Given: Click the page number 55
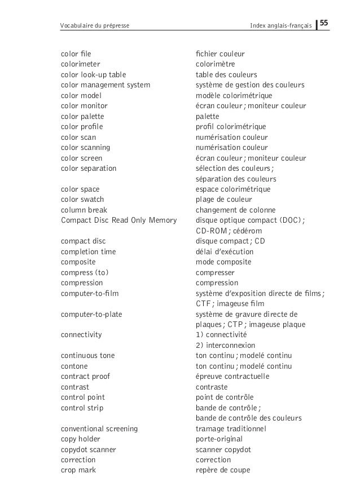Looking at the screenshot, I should pos(325,24).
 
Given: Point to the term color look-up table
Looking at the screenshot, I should pos(93,75).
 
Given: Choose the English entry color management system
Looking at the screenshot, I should pos(106,85).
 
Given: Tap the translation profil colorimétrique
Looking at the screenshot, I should pos(231,127).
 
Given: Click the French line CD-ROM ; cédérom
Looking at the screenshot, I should pos(229,231).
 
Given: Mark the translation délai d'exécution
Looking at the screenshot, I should pos(225,251).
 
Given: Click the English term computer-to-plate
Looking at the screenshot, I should pos(91,314).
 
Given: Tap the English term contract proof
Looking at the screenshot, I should pos(85,376).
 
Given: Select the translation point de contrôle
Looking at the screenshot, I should pos(225,397).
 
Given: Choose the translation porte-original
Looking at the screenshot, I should pos(219,439).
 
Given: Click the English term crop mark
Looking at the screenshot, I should pos(78,470).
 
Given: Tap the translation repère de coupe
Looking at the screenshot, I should pos(223,470).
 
